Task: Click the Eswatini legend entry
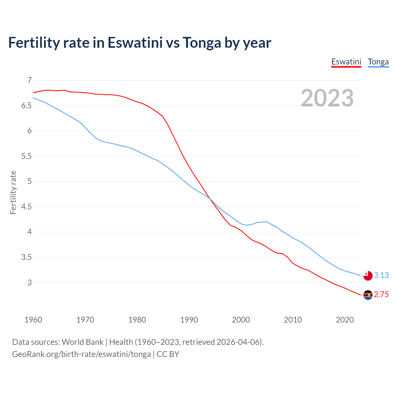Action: pyautogui.click(x=346, y=62)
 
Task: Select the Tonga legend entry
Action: pyautogui.click(x=378, y=62)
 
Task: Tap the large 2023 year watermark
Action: pyautogui.click(x=327, y=98)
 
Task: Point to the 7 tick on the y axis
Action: pyautogui.click(x=29, y=80)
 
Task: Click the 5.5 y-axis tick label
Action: pyautogui.click(x=27, y=156)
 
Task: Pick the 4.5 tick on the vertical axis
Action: pyautogui.click(x=27, y=207)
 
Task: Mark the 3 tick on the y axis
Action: pyautogui.click(x=29, y=283)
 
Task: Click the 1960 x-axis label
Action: pyautogui.click(x=33, y=320)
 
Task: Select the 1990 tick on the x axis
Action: pyautogui.click(x=189, y=320)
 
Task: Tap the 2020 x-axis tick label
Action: pyautogui.click(x=345, y=320)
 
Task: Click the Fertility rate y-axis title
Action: pyautogui.click(x=13, y=192)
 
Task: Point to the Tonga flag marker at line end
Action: pyautogui.click(x=368, y=275)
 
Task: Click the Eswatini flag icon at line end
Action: pyautogui.click(x=368, y=295)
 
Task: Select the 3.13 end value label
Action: pyautogui.click(x=381, y=275)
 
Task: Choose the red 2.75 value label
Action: pyautogui.click(x=381, y=295)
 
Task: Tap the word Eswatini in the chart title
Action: pyautogui.click(x=135, y=42)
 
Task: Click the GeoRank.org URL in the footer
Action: pyautogui.click(x=81, y=354)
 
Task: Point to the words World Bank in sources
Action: pyautogui.click(x=83, y=342)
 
